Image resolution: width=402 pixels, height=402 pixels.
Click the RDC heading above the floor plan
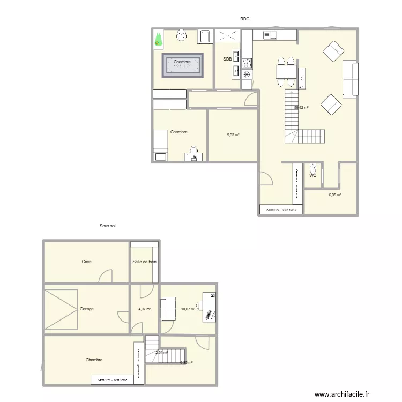pos(245,19)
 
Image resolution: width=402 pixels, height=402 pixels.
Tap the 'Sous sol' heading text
pos(108,226)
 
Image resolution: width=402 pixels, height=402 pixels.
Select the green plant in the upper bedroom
pos(158,40)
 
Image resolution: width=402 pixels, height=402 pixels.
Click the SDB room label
pos(227,59)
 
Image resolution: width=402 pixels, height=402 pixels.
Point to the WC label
pos(312,175)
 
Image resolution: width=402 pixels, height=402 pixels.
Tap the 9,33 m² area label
pos(233,135)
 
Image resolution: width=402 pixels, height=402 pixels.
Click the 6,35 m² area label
pos(335,195)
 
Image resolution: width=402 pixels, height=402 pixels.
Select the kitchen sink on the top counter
pos(269,35)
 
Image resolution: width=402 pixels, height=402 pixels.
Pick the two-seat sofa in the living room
pos(351,78)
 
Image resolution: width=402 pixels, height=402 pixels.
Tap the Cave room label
pos(86,262)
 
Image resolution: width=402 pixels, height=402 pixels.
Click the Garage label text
pos(87,309)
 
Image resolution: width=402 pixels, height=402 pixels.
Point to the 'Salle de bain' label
pos(144,262)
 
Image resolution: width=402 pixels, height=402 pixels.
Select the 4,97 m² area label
pos(145,309)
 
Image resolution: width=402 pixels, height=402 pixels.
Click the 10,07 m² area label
pos(188,309)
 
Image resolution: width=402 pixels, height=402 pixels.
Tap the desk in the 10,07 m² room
pos(209,307)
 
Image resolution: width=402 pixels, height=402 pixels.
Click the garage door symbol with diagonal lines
pos(61,309)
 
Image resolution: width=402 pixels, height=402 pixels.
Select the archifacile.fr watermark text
pos(342,394)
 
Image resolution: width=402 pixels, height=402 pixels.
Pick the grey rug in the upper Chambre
pos(182,65)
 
